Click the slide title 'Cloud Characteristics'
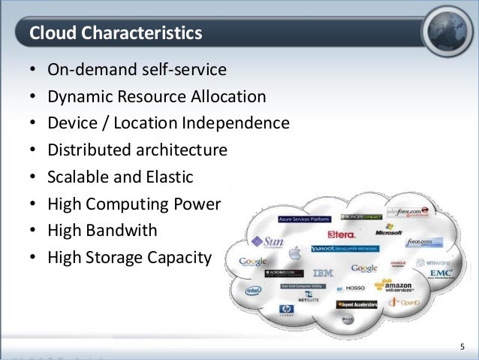point(115,34)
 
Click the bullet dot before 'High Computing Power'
point(33,204)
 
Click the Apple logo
point(295,252)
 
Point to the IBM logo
point(323,272)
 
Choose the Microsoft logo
point(389,229)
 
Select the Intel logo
point(253,289)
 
